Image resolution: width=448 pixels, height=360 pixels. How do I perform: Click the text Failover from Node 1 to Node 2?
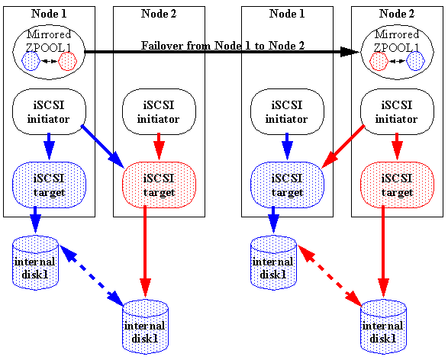[223, 46]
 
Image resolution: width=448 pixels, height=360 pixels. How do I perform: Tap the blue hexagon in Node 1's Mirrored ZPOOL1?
[31, 61]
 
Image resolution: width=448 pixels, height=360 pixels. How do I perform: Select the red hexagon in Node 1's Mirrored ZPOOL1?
[67, 61]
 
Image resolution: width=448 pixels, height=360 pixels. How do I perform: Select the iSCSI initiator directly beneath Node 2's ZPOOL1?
[397, 113]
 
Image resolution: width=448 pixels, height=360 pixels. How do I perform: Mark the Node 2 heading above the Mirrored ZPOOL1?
[397, 14]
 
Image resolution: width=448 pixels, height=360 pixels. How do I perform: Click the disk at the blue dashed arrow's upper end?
[35, 262]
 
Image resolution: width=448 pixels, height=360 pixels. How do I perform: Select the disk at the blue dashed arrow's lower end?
[145, 326]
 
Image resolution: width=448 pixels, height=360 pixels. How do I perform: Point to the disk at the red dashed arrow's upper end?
[273, 262]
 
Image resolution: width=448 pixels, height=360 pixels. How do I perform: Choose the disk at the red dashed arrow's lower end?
[383, 326]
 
